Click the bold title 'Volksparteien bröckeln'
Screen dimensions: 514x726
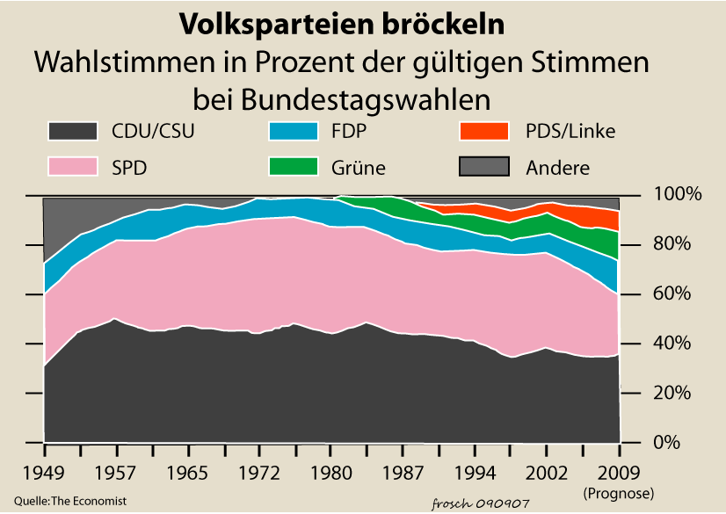(342, 25)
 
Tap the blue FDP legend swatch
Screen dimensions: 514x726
(293, 132)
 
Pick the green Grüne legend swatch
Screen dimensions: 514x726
(293, 167)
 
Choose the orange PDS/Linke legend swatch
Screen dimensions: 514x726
(484, 132)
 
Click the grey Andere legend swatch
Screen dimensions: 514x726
(484, 167)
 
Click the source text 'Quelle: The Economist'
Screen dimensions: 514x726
(70, 500)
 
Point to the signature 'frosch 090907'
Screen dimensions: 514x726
(481, 503)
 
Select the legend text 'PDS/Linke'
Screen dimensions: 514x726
(570, 132)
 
